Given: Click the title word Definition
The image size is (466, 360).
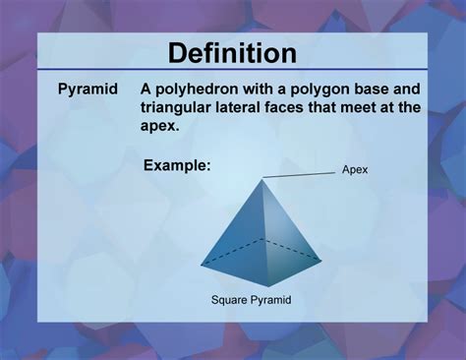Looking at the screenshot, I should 233,52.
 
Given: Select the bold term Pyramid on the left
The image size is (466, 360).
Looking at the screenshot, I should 87,90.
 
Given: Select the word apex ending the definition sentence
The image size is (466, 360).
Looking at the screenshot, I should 161,127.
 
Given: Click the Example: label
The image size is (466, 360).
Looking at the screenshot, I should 177,165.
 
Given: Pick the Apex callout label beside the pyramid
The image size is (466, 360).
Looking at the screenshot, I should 355,170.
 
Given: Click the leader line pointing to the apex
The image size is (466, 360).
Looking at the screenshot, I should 299,175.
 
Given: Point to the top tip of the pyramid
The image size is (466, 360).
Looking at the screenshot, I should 262,179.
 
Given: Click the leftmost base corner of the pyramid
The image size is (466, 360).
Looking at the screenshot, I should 201,266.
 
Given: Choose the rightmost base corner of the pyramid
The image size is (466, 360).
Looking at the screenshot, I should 321,260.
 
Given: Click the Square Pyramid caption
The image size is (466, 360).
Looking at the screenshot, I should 252,299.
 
